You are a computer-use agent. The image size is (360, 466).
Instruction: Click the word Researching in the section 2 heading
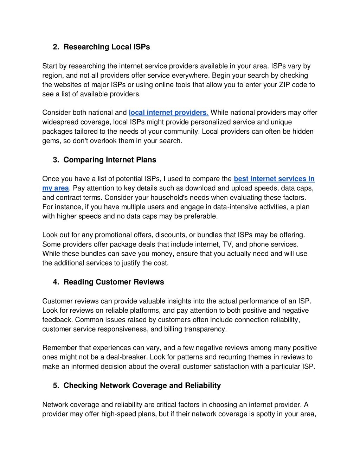86,47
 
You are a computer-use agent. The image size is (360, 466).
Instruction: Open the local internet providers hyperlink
167,113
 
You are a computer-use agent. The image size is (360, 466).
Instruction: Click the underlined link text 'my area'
55,188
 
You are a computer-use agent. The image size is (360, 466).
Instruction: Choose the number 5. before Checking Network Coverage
56,385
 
